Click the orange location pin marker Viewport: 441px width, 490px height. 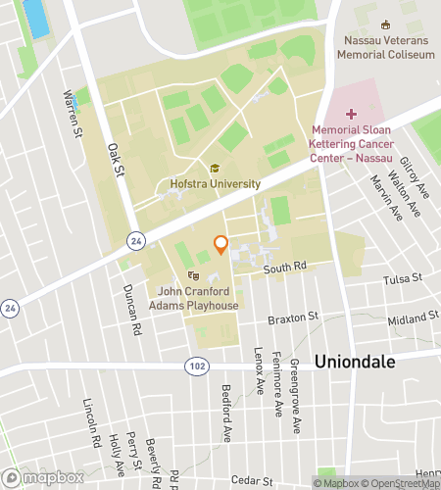click(x=220, y=244)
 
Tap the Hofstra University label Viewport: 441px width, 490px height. click(x=215, y=183)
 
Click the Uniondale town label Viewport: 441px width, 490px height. click(x=354, y=361)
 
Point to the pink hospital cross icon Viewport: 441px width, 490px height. click(x=352, y=115)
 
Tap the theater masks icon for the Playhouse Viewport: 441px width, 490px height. click(x=193, y=277)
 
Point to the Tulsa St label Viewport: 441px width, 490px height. click(x=402, y=278)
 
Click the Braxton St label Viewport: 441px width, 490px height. click(x=294, y=318)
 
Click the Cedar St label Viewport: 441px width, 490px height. click(x=265, y=481)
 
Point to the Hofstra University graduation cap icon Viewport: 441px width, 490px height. click(x=215, y=169)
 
